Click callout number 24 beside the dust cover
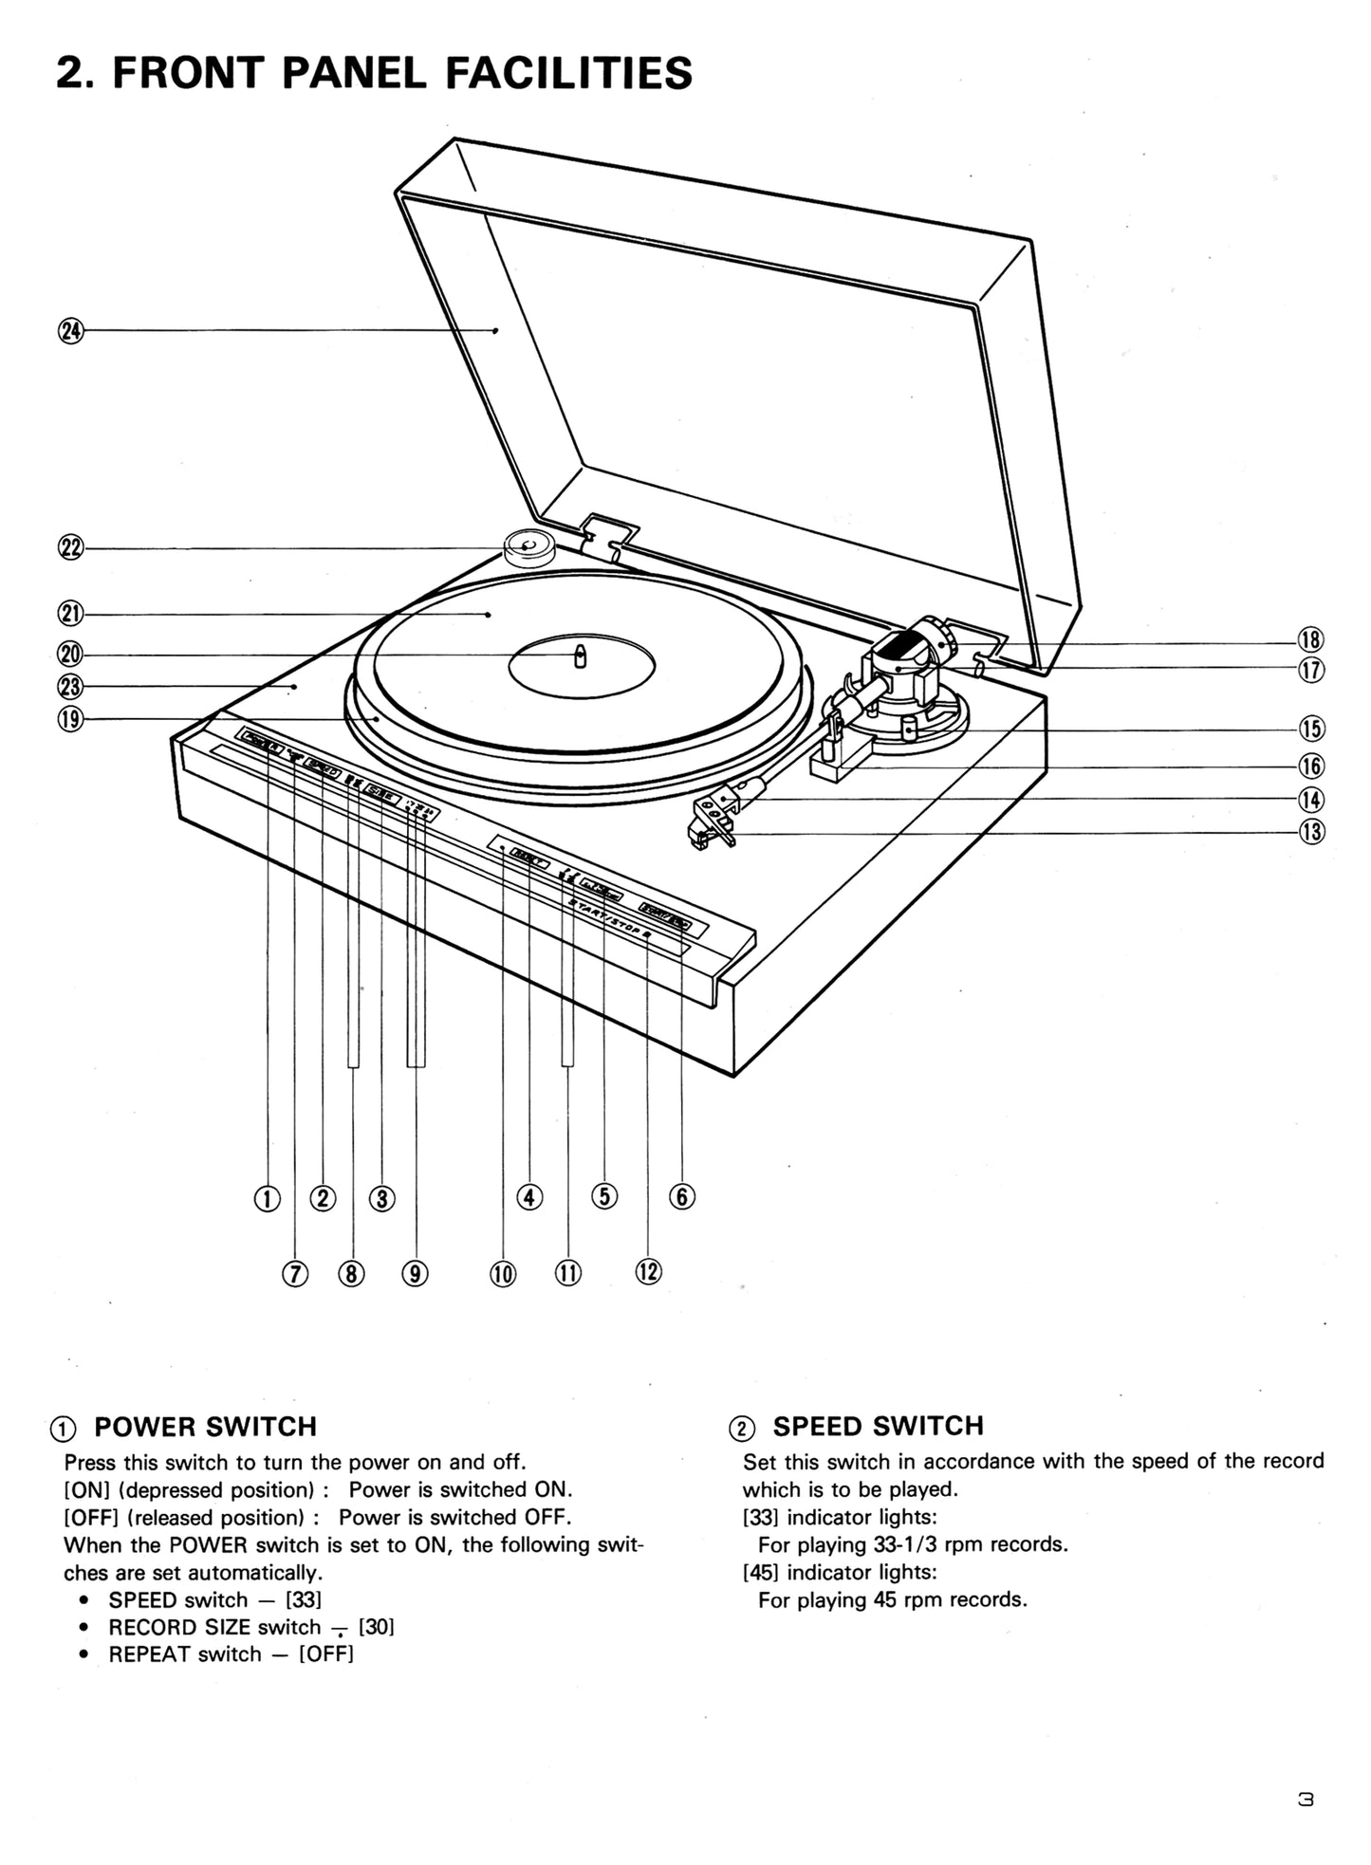pyautogui.click(x=71, y=330)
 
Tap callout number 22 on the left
pyautogui.click(x=71, y=547)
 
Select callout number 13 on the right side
pyautogui.click(x=1310, y=832)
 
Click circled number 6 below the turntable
pyautogui.click(x=681, y=1197)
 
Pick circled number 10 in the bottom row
pyautogui.click(x=503, y=1273)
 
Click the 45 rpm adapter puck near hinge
pyautogui.click(x=528, y=547)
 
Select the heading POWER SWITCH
pyautogui.click(x=205, y=1427)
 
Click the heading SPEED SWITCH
pyautogui.click(x=878, y=1426)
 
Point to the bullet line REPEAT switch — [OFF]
pyautogui.click(x=231, y=1653)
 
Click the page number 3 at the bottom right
pyautogui.click(x=1306, y=1799)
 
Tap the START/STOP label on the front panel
pyautogui.click(x=608, y=918)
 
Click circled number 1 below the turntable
pyautogui.click(x=268, y=1198)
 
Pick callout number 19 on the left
pyautogui.click(x=71, y=719)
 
